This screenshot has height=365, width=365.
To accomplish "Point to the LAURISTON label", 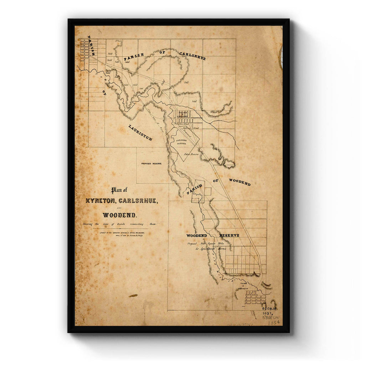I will (140, 133).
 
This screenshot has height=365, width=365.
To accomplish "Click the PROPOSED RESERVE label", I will (151, 164).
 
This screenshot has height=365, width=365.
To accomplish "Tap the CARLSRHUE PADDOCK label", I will (181, 142).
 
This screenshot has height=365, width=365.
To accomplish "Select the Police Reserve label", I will (191, 154).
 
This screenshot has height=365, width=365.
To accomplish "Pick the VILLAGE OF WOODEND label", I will (248, 285).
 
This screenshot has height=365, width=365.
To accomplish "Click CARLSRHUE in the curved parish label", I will (192, 56).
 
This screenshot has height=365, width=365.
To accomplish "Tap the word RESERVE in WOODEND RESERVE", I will (229, 236).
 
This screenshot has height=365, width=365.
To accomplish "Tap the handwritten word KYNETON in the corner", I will (271, 317).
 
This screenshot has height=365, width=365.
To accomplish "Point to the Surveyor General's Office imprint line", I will (122, 232).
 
